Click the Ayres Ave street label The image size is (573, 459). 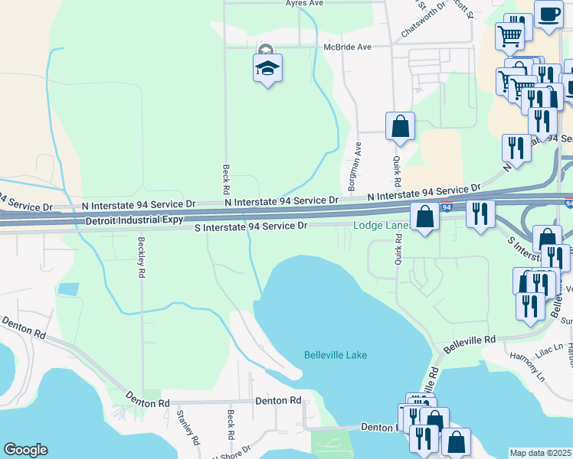click(x=306, y=4)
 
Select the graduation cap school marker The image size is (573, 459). click(x=267, y=69)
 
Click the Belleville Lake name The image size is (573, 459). click(x=336, y=355)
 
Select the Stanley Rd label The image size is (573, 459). click(x=188, y=428)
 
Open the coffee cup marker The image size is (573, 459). click(x=547, y=15)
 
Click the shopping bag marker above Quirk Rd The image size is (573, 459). click(x=400, y=127)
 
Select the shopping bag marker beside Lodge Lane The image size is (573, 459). click(x=424, y=217)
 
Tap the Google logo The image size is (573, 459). click(x=25, y=450)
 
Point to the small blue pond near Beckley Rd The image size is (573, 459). click(x=67, y=290)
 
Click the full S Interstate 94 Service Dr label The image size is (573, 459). click(x=250, y=226)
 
